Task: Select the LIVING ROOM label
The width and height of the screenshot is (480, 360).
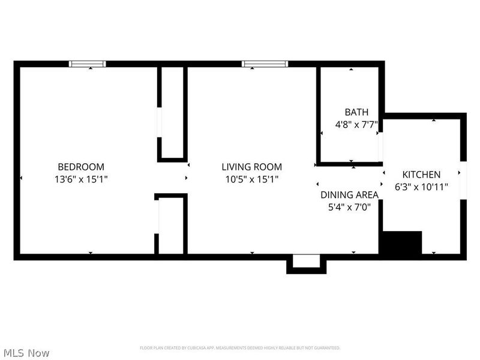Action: [x=251, y=167]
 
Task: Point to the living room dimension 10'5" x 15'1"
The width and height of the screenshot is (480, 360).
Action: [x=251, y=179]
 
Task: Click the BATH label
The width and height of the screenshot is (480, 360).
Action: [x=356, y=112]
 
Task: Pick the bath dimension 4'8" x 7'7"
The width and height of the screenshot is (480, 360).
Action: [x=356, y=125]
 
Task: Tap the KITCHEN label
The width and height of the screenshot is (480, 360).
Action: [x=421, y=175]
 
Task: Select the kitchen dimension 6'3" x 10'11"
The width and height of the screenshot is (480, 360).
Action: [x=421, y=187]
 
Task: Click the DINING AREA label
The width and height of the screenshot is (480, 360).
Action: [x=349, y=194]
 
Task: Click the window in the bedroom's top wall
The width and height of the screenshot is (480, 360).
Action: [x=88, y=64]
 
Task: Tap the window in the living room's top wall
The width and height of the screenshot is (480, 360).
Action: [x=265, y=64]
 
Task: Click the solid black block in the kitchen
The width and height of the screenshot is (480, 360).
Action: [x=402, y=243]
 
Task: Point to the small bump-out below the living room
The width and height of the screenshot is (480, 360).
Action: [x=306, y=263]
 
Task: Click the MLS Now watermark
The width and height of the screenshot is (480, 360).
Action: [x=26, y=353]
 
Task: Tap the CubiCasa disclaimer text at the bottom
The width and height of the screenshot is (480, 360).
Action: [x=240, y=348]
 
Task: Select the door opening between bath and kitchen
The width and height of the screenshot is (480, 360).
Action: [x=380, y=146]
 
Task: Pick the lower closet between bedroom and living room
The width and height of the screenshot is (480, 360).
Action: [x=172, y=225]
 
